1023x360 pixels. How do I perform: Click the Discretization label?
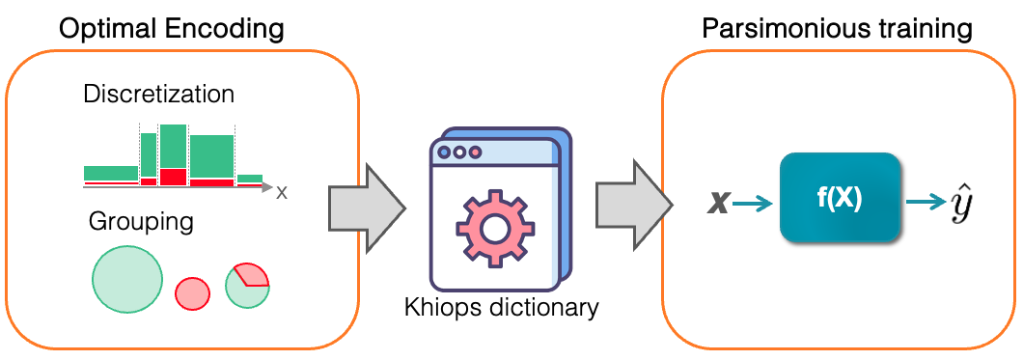(158, 95)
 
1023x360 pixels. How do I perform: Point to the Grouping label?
(141, 222)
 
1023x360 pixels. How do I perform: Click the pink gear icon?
(494, 225)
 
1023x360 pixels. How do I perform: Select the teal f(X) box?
(841, 198)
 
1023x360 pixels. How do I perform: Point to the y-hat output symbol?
(962, 202)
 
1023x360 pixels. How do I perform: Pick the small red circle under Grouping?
(192, 292)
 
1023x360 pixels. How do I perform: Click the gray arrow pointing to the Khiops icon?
(366, 208)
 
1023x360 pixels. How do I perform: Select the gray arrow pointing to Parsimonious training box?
(633, 207)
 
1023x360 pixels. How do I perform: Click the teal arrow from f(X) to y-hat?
(926, 203)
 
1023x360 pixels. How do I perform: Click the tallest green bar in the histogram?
(174, 147)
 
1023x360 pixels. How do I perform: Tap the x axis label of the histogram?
(281, 193)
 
